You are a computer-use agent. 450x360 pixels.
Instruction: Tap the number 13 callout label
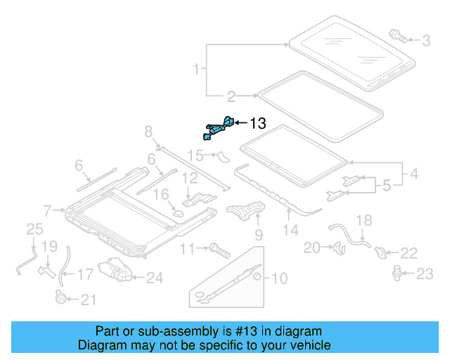click(x=257, y=124)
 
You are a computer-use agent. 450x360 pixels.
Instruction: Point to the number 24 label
click(x=154, y=278)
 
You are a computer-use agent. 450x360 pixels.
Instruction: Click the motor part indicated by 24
click(x=114, y=271)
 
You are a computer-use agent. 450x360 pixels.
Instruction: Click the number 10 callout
click(x=279, y=278)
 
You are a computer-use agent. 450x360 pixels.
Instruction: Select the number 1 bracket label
click(x=198, y=69)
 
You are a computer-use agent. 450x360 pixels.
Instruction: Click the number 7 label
click(x=47, y=210)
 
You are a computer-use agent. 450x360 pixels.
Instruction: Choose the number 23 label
click(x=425, y=274)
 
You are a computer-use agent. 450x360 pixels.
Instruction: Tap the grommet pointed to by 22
click(x=380, y=251)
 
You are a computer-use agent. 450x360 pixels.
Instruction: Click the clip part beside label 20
click(x=337, y=247)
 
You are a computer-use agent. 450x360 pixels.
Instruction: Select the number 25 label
click(x=34, y=228)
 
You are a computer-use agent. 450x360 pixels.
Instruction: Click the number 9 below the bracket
click(x=258, y=234)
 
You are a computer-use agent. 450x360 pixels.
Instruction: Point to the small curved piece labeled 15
click(x=223, y=155)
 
